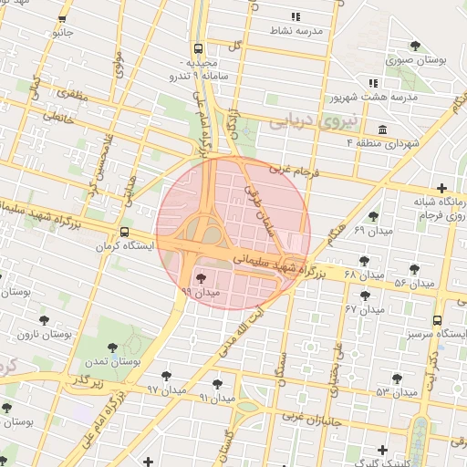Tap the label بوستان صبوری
416,60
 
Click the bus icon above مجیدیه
198,49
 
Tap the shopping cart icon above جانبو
61,19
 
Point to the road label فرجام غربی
292,171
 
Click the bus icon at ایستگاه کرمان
124,232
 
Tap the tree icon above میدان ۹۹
201,278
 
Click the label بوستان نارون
45,335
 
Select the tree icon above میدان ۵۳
397,379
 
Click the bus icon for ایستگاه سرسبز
437,320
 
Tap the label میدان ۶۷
364,309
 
